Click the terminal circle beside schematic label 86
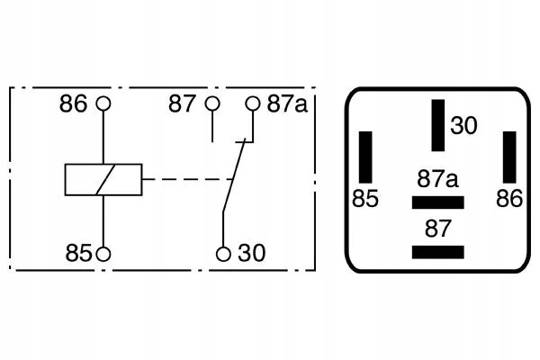click(x=104, y=103)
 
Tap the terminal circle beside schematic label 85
click(x=104, y=254)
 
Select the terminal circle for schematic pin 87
click(x=212, y=103)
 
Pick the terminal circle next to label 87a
click(x=252, y=103)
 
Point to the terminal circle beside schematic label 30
click(x=223, y=254)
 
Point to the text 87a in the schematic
click(x=287, y=103)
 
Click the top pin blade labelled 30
click(x=437, y=126)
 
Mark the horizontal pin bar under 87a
click(x=437, y=202)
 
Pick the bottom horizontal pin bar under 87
click(x=437, y=251)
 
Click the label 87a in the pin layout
click(x=438, y=179)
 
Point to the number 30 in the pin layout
click(x=463, y=126)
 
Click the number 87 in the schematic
click(x=183, y=103)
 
